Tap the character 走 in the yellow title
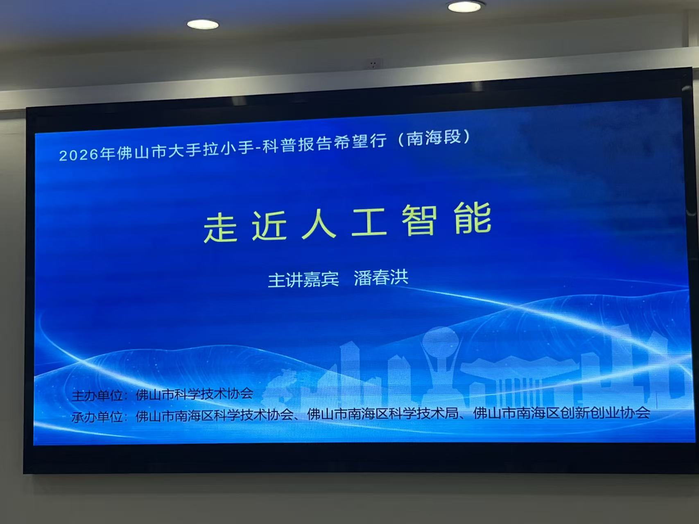pos(220,228)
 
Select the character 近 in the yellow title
pos(269,226)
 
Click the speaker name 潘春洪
pos(381,278)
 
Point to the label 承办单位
pos(97,417)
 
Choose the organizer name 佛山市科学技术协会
pos(195,394)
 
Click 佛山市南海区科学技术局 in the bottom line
pos(382,414)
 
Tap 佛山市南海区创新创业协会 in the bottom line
pos(561,412)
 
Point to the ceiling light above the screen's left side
pos(203,25)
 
